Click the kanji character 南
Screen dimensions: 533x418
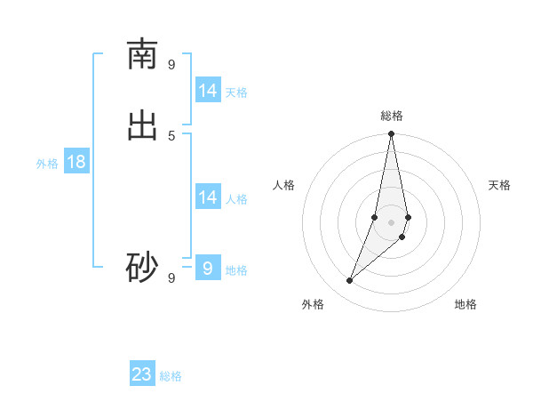[x=142, y=54]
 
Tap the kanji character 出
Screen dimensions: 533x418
[x=142, y=125]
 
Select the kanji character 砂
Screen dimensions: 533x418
[x=142, y=268]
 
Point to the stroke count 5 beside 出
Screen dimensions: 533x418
[x=171, y=134]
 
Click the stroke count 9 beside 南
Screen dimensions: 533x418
[x=171, y=64]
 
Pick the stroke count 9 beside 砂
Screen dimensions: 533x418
[x=171, y=277]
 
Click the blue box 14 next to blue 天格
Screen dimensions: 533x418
[x=208, y=91]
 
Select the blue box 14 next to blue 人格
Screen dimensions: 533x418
[x=208, y=197]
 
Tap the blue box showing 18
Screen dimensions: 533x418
[x=76, y=162]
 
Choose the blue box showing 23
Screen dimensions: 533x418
[x=142, y=374]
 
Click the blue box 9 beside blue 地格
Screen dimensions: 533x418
[x=208, y=268]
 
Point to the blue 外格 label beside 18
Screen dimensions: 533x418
[x=47, y=164]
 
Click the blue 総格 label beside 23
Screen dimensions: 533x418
[x=171, y=376]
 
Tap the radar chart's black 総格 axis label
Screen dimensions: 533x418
[x=391, y=116]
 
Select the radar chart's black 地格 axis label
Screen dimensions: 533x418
[x=465, y=305]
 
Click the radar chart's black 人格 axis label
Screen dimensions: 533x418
[x=284, y=185]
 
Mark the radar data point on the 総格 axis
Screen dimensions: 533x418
[x=391, y=134]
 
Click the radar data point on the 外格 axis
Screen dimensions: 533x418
[x=349, y=281]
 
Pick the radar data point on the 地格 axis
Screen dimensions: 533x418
[x=402, y=237]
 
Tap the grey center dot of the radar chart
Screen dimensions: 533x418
[x=391, y=221]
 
